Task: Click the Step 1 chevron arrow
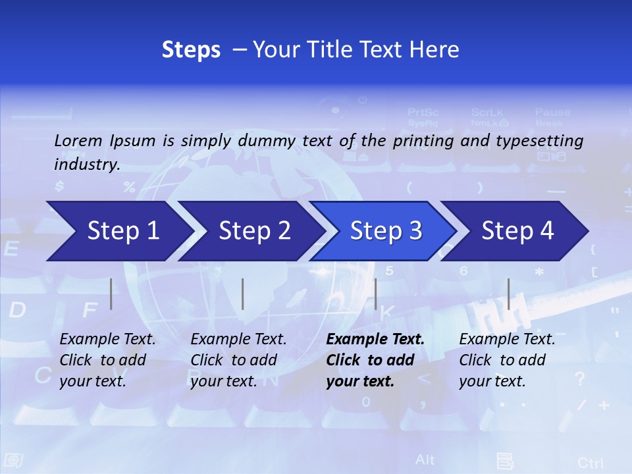122,231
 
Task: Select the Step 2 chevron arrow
254,231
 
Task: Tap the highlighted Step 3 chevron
386,231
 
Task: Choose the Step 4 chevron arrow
517,231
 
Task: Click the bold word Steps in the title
191,50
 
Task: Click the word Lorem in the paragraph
78,140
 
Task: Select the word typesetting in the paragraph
544,140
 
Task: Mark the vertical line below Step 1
111,294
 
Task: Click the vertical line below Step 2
243,294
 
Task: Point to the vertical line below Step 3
375,294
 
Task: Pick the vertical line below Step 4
508,294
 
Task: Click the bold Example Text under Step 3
375,340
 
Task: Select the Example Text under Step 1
107,340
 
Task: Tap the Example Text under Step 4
507,340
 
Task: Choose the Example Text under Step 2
238,340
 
